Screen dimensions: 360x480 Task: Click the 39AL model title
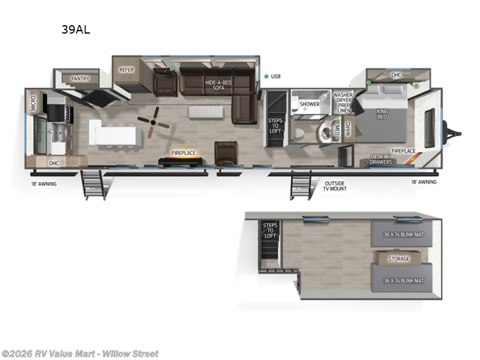tap(76, 29)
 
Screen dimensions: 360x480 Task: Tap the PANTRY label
tap(80, 79)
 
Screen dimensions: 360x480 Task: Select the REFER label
tap(127, 70)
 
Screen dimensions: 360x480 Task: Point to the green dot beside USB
tap(266, 76)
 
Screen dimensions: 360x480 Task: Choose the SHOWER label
tap(310, 104)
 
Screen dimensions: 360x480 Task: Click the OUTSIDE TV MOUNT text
tap(335, 185)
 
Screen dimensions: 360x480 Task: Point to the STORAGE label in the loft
tap(399, 259)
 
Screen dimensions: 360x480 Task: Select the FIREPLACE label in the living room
tap(184, 153)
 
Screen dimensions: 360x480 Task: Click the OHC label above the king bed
tap(396, 75)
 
